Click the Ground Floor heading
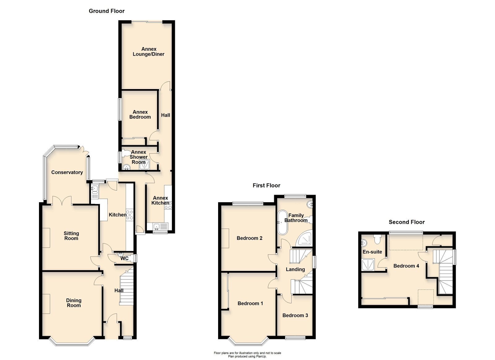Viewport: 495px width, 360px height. point(106,11)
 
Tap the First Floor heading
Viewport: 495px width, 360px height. point(266,186)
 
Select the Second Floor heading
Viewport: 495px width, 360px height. point(407,222)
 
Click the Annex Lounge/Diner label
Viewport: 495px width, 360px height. point(148,52)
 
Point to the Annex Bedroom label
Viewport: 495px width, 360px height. point(140,114)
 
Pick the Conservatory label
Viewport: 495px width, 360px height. point(67,172)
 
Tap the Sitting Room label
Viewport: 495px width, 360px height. point(71,236)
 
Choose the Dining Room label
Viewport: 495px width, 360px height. point(74,303)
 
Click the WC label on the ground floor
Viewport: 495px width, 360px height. point(124,259)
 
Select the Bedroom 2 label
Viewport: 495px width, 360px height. point(249,238)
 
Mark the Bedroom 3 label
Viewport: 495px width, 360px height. point(295,315)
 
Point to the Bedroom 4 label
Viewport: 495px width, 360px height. point(406,266)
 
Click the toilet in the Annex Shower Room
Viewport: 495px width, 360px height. point(126,153)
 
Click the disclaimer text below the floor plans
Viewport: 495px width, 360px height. point(247,354)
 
